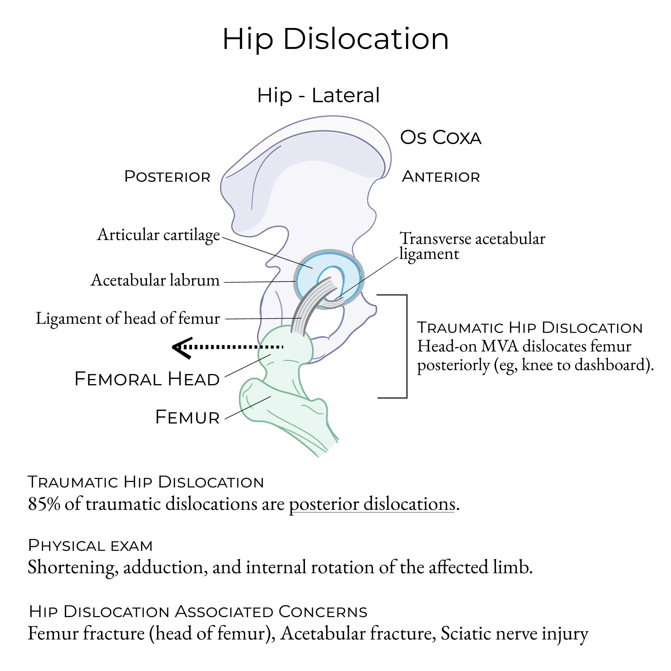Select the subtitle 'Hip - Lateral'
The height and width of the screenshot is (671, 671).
pos(318,95)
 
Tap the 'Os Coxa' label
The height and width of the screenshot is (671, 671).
pos(440,137)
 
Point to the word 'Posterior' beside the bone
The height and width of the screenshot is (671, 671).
pos(167,177)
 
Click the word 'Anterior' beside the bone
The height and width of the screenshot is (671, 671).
pos(441,177)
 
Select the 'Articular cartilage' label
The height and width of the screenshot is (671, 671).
pos(158,235)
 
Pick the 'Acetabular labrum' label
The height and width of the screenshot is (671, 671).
pos(155,280)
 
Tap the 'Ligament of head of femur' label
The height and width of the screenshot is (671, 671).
pos(128,319)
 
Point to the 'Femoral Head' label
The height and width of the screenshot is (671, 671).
pos(147,379)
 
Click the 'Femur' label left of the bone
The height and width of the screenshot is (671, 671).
pos(188,417)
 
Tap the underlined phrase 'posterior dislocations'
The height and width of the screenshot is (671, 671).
pos(372,504)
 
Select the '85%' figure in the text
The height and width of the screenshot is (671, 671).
pos(44,504)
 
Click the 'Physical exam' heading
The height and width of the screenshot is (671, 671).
pos(90,545)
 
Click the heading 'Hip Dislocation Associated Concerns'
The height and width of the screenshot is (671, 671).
pos(198,612)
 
